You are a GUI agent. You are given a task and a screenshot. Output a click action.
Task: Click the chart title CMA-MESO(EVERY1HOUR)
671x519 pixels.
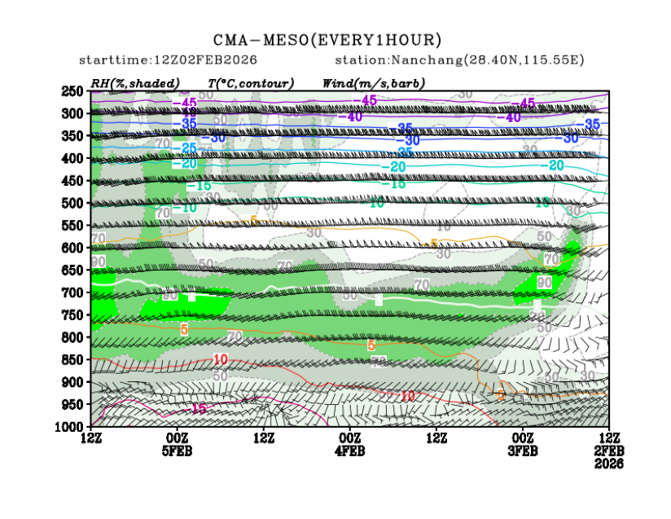pyautogui.click(x=327, y=40)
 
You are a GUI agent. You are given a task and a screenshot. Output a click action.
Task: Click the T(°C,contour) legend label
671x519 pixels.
pyautogui.click(x=251, y=83)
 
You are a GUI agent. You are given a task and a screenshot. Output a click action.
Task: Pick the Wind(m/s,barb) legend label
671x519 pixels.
pyautogui.click(x=374, y=83)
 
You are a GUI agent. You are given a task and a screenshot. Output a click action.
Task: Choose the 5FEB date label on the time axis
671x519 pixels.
pyautogui.click(x=178, y=451)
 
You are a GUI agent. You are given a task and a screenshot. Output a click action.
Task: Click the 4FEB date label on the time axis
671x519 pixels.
pyautogui.click(x=350, y=451)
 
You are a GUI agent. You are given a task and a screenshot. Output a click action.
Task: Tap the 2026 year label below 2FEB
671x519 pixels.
pyautogui.click(x=609, y=464)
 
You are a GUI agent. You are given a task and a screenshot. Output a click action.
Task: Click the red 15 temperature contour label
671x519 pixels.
pyautogui.click(x=198, y=407)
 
